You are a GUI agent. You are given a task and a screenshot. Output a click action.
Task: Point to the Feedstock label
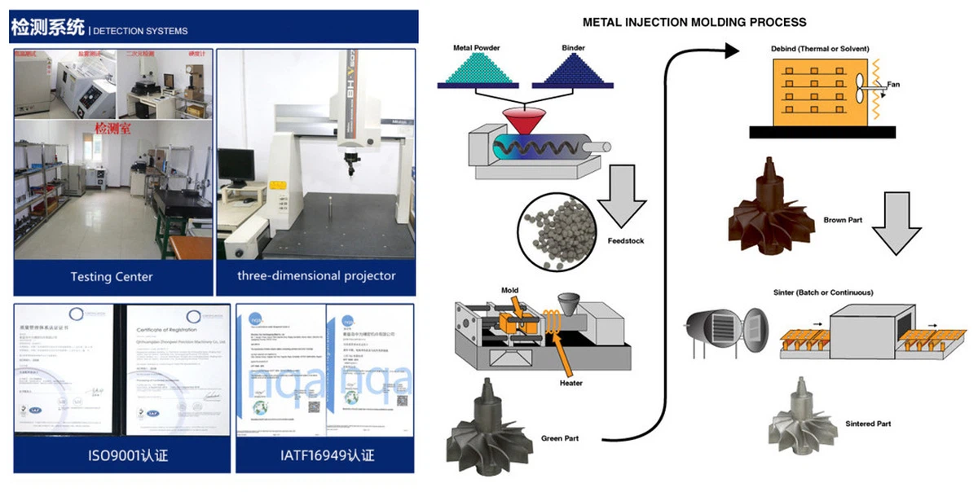pyautogui.click(x=625, y=241)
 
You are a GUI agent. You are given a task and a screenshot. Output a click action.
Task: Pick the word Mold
pyautogui.click(x=510, y=290)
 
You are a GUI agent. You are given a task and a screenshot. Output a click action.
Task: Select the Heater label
pyautogui.click(x=570, y=383)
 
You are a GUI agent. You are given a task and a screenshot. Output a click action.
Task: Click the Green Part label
pyautogui.click(x=561, y=439)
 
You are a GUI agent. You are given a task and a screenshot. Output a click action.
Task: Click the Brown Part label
pyautogui.click(x=843, y=220)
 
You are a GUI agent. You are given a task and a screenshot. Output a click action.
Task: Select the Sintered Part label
pyautogui.click(x=868, y=424)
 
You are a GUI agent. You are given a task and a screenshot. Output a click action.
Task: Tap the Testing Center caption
pyautogui.click(x=112, y=277)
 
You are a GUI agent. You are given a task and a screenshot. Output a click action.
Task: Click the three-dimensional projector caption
pyautogui.click(x=316, y=275)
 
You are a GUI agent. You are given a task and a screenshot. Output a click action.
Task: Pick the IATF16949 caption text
pyautogui.click(x=326, y=455)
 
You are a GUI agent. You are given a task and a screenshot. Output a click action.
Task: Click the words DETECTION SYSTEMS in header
pyautogui.click(x=141, y=31)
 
